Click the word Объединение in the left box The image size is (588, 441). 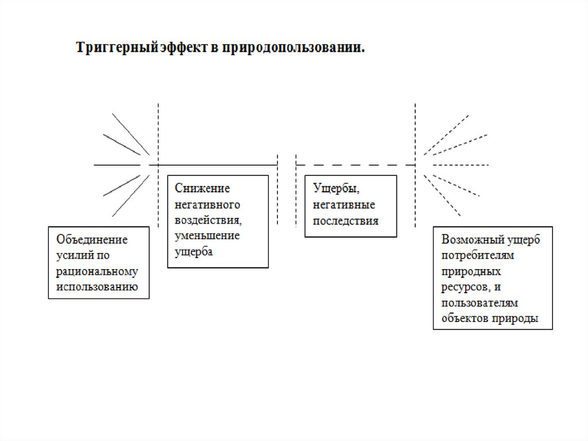(92, 240)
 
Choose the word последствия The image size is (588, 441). (346, 220)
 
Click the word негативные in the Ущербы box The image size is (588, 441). (345, 204)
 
